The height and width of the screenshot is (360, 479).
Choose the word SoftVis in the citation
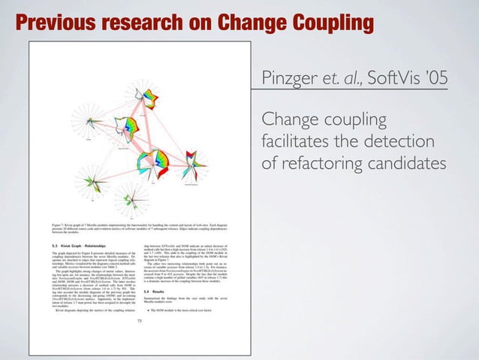[397, 80]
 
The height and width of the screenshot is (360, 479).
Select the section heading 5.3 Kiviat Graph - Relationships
[71, 245]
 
